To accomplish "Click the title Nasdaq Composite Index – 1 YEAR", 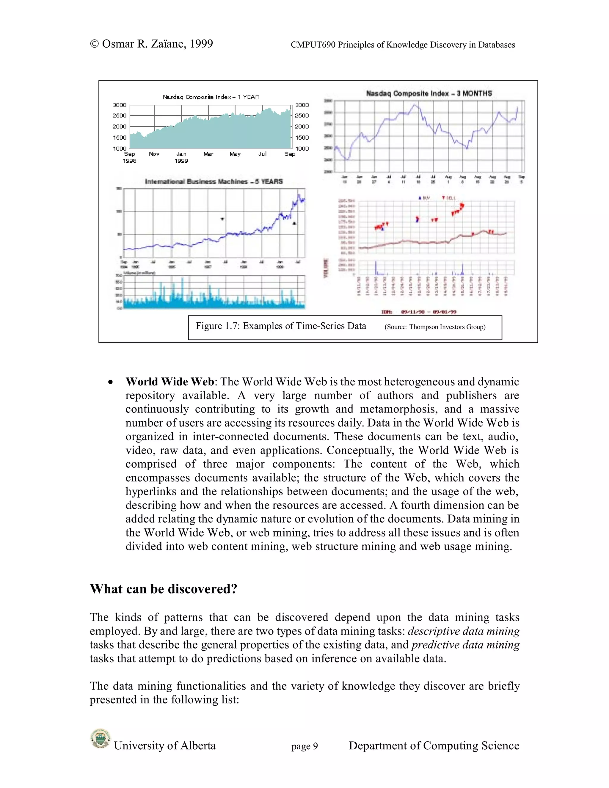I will [211, 97].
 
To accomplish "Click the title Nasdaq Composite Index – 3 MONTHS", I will [429, 93].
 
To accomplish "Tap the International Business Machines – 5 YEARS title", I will [214, 182].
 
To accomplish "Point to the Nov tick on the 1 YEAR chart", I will [154, 154].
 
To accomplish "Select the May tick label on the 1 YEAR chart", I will [235, 154].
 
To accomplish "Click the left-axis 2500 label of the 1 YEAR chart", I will [120, 115].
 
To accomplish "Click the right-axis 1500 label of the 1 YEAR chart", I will [302, 137].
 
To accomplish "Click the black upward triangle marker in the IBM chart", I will [294, 224].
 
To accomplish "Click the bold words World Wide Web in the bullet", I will [169, 382].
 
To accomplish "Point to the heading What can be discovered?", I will [164, 589].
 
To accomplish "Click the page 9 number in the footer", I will [304, 746].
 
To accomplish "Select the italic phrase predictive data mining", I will [465, 645].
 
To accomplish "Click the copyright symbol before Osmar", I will [95, 44].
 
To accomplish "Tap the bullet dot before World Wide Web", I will [111, 382].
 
